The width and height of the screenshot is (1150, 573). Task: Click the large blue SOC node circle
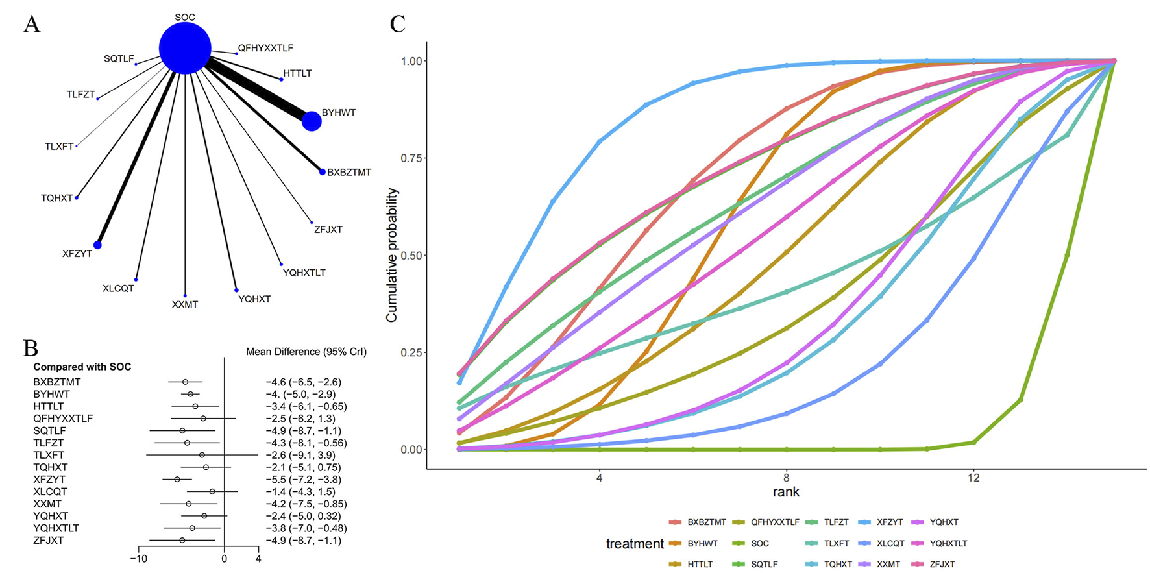pyautogui.click(x=185, y=48)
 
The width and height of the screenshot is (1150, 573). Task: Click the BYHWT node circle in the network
pyautogui.click(x=312, y=121)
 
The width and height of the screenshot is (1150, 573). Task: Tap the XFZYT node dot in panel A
pyautogui.click(x=97, y=245)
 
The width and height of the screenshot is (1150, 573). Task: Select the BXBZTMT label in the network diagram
pyautogui.click(x=349, y=173)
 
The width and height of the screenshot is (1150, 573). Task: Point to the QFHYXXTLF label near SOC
pyautogui.click(x=265, y=48)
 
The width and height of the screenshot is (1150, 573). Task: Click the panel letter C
pyautogui.click(x=397, y=25)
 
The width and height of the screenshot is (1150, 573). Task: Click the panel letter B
pyautogui.click(x=31, y=348)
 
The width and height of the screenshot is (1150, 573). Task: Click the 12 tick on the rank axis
pyautogui.click(x=973, y=478)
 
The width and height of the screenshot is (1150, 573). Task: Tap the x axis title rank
pyautogui.click(x=785, y=492)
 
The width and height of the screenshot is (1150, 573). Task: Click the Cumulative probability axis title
pyautogui.click(x=391, y=255)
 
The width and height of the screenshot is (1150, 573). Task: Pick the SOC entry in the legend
pyautogui.click(x=759, y=544)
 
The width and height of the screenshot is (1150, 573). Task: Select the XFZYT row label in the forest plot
pyautogui.click(x=49, y=480)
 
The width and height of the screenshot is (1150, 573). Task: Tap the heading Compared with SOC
pyautogui.click(x=82, y=367)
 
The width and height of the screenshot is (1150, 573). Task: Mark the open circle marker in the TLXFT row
pyautogui.click(x=202, y=455)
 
